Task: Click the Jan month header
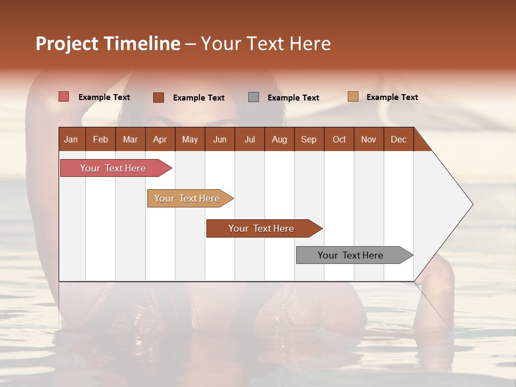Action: point(71,140)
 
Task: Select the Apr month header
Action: point(160,140)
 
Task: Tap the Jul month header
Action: point(249,140)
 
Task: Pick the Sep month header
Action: point(309,140)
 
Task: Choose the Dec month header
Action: point(398,140)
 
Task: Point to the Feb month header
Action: point(101,140)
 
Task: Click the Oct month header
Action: point(339,140)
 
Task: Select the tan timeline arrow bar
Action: point(188,198)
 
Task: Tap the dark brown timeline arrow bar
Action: point(262,228)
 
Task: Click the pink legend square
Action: point(64,97)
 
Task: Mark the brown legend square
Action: point(159,97)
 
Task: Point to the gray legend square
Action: point(254,97)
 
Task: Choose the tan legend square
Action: point(353,97)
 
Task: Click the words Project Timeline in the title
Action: point(108,44)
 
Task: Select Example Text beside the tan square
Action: point(392,97)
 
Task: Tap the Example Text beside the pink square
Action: point(104,97)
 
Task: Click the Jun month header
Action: point(220,140)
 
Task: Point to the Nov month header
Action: point(369,140)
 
